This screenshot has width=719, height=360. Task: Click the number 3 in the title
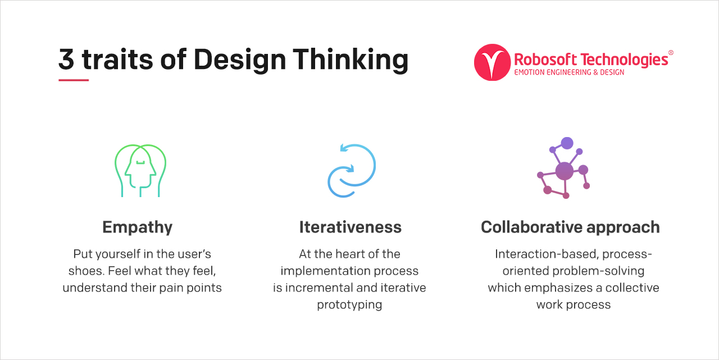tap(66, 60)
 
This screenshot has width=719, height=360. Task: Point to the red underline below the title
tap(74, 80)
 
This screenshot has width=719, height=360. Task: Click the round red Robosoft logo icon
tap(492, 62)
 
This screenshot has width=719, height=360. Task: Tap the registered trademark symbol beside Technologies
tap(671, 53)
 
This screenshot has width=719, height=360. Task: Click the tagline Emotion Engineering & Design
tap(569, 72)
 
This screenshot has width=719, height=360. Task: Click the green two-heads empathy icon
tap(140, 171)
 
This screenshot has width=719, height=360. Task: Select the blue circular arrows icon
tap(351, 171)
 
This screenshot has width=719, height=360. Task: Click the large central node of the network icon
tap(564, 171)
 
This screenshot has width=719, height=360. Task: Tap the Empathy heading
tap(137, 227)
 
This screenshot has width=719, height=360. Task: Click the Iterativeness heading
tap(350, 227)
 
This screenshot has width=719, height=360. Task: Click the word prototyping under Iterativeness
tap(349, 305)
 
